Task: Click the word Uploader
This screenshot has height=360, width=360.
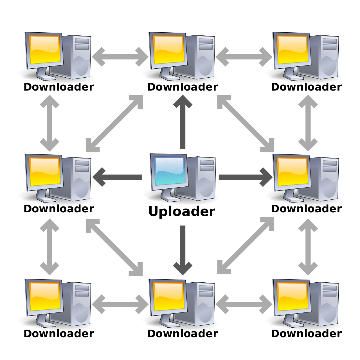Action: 182,211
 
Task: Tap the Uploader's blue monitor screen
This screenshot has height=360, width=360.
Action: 169,171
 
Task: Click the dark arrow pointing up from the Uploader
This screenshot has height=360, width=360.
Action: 183,124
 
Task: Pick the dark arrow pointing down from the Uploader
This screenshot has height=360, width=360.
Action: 183,247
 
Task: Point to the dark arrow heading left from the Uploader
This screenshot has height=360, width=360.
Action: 118,177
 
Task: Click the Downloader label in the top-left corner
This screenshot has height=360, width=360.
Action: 59,87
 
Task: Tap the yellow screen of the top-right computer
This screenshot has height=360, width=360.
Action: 292,49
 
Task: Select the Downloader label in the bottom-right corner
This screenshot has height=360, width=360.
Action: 306,334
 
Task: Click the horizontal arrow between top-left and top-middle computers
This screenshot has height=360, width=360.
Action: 120,57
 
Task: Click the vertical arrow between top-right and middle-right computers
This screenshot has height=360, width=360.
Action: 308,123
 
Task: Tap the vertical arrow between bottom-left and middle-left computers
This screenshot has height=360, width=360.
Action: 49,247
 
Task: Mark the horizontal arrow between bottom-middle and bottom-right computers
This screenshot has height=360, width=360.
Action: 244,304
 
